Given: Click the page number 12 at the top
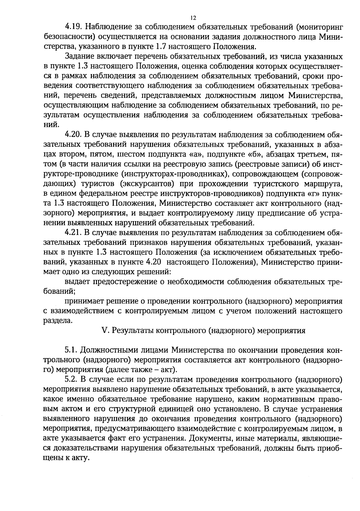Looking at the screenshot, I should coord(193,18).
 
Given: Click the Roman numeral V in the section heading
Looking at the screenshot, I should coord(105,331).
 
